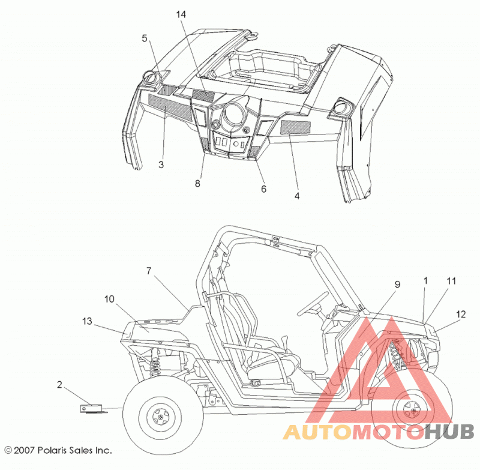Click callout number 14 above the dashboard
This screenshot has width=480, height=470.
[x=181, y=14]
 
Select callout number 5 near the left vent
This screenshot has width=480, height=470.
[x=145, y=38]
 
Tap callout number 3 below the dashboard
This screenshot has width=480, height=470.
[x=161, y=164]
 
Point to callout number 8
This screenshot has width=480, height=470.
[x=197, y=183]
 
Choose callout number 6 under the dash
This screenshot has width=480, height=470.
[x=263, y=189]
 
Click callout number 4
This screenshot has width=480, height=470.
[x=297, y=196]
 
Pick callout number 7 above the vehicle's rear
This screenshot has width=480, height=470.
[x=149, y=271]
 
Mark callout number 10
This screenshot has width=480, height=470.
[x=109, y=299]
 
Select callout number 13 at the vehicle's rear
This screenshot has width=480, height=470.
[x=87, y=321]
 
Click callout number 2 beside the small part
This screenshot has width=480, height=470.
[x=59, y=385]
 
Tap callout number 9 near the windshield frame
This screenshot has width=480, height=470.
[x=397, y=285]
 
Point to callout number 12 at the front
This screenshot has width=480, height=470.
[x=461, y=314]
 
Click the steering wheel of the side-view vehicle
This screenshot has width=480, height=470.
[x=313, y=303]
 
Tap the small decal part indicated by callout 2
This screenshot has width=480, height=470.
[x=92, y=409]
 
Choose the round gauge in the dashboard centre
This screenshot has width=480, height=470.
[x=235, y=114]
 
